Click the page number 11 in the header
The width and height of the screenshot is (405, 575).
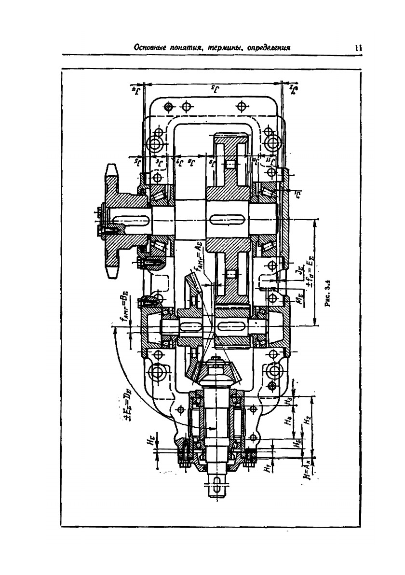(x=358, y=47)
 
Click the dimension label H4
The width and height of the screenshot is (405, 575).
(x=288, y=419)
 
